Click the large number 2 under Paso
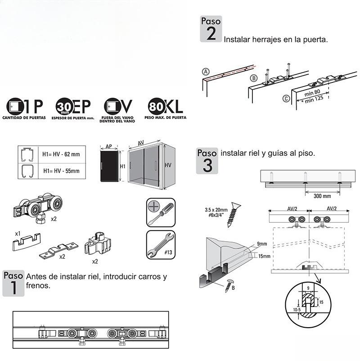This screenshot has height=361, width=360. click(x=211, y=34)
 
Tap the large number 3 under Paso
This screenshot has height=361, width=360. click(x=207, y=165)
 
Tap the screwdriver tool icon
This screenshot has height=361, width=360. click(x=160, y=212)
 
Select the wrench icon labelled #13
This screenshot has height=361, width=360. click(x=160, y=245)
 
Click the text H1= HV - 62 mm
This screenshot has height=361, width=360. click(x=62, y=154)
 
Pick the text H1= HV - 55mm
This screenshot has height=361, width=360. click(x=62, y=171)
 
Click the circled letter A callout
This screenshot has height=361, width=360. click(x=206, y=72)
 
